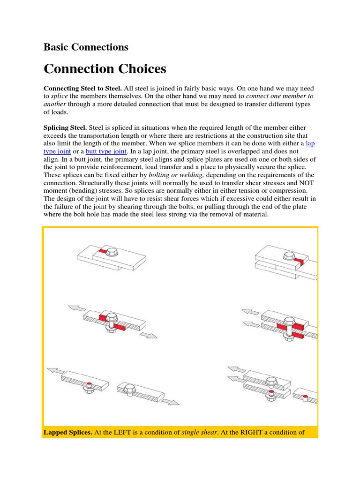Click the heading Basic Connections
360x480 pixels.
86,47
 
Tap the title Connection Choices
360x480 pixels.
105,69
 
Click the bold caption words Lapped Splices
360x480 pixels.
67,432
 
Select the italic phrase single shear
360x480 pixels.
199,432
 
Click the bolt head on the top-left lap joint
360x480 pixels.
112,252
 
